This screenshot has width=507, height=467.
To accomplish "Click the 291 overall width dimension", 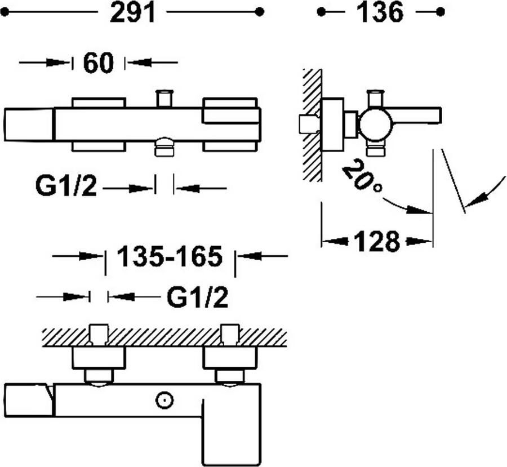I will coord(132,13).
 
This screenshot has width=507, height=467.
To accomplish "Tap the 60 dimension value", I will coord(99,63).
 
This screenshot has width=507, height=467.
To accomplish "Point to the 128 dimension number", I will coord(377,242).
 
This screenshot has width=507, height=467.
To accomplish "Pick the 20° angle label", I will coord(360,175).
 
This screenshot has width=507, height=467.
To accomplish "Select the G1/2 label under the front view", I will coord(66,188).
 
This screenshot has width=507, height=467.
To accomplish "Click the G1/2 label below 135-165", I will coord(197,297).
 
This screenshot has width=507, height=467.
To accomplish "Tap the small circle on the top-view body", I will coord(164,401).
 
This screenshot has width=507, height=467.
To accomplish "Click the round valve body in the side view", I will coord(376,124).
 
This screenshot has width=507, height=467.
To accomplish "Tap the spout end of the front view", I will coord(28,124).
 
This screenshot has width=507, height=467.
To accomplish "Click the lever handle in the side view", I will coord(417,115).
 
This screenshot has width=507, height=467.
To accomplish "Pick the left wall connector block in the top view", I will coord(99,357).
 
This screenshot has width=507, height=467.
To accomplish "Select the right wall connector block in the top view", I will coord(230,357).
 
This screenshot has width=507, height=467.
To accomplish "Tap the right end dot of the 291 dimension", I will coord(260,11).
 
